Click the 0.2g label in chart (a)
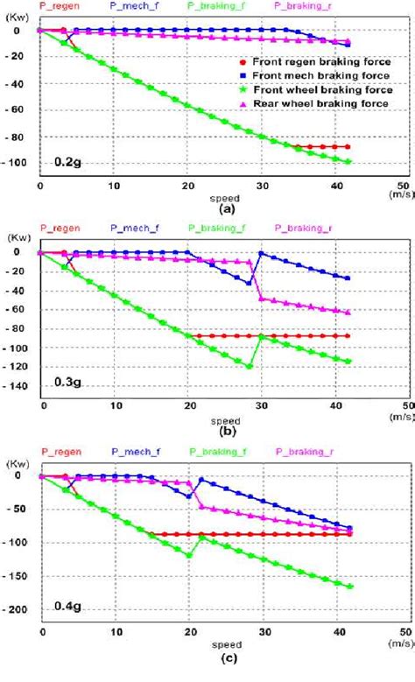(67, 162)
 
